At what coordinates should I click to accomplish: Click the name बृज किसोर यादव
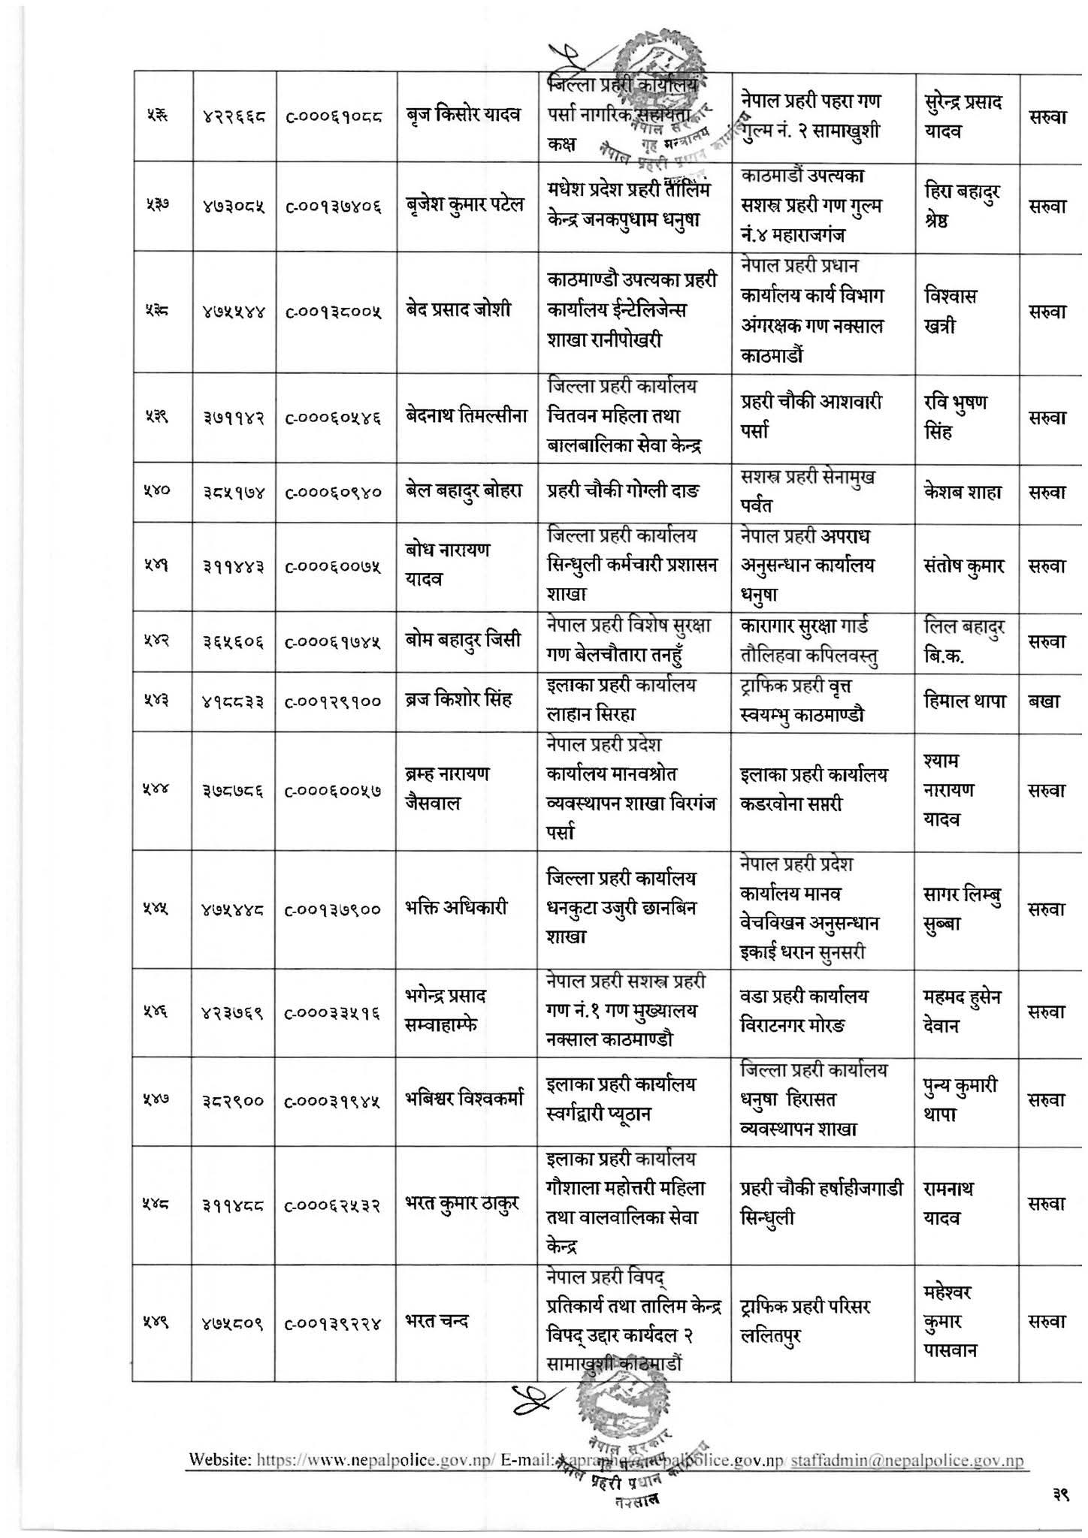[467, 116]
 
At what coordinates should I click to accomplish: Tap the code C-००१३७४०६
[334, 205]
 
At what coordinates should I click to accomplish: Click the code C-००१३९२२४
[334, 1322]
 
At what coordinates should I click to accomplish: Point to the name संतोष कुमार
[964, 565]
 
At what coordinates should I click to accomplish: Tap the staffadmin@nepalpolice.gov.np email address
[907, 1461]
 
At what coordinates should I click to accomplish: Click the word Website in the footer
[220, 1461]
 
